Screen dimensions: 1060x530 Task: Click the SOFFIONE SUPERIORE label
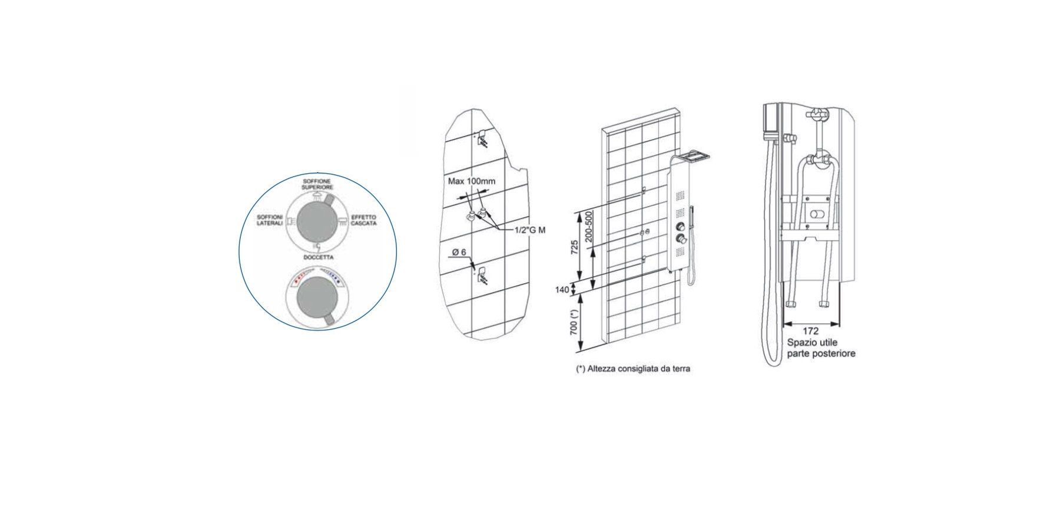[x=317, y=184]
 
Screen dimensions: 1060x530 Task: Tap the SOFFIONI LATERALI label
[x=270, y=220]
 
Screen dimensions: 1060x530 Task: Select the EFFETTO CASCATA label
[x=364, y=220]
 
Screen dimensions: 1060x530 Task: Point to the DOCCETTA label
[x=319, y=257]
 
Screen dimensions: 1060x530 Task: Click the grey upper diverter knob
[x=317, y=221]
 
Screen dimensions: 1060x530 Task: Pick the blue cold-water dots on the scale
[x=335, y=274]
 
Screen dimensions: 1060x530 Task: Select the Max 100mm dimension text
[x=472, y=181]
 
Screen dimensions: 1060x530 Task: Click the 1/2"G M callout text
[x=530, y=230]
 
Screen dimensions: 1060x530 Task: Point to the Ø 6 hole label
[x=459, y=252]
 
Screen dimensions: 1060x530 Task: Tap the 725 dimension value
[x=574, y=247]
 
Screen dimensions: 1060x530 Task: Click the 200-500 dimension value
[x=589, y=227]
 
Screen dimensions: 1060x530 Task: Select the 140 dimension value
[x=562, y=290]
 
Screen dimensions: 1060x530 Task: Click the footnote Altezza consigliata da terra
[x=633, y=369]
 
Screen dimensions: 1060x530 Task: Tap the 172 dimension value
[x=811, y=332]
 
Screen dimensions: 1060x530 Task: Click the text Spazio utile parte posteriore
[x=821, y=348]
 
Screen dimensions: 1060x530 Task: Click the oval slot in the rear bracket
[x=816, y=214]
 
